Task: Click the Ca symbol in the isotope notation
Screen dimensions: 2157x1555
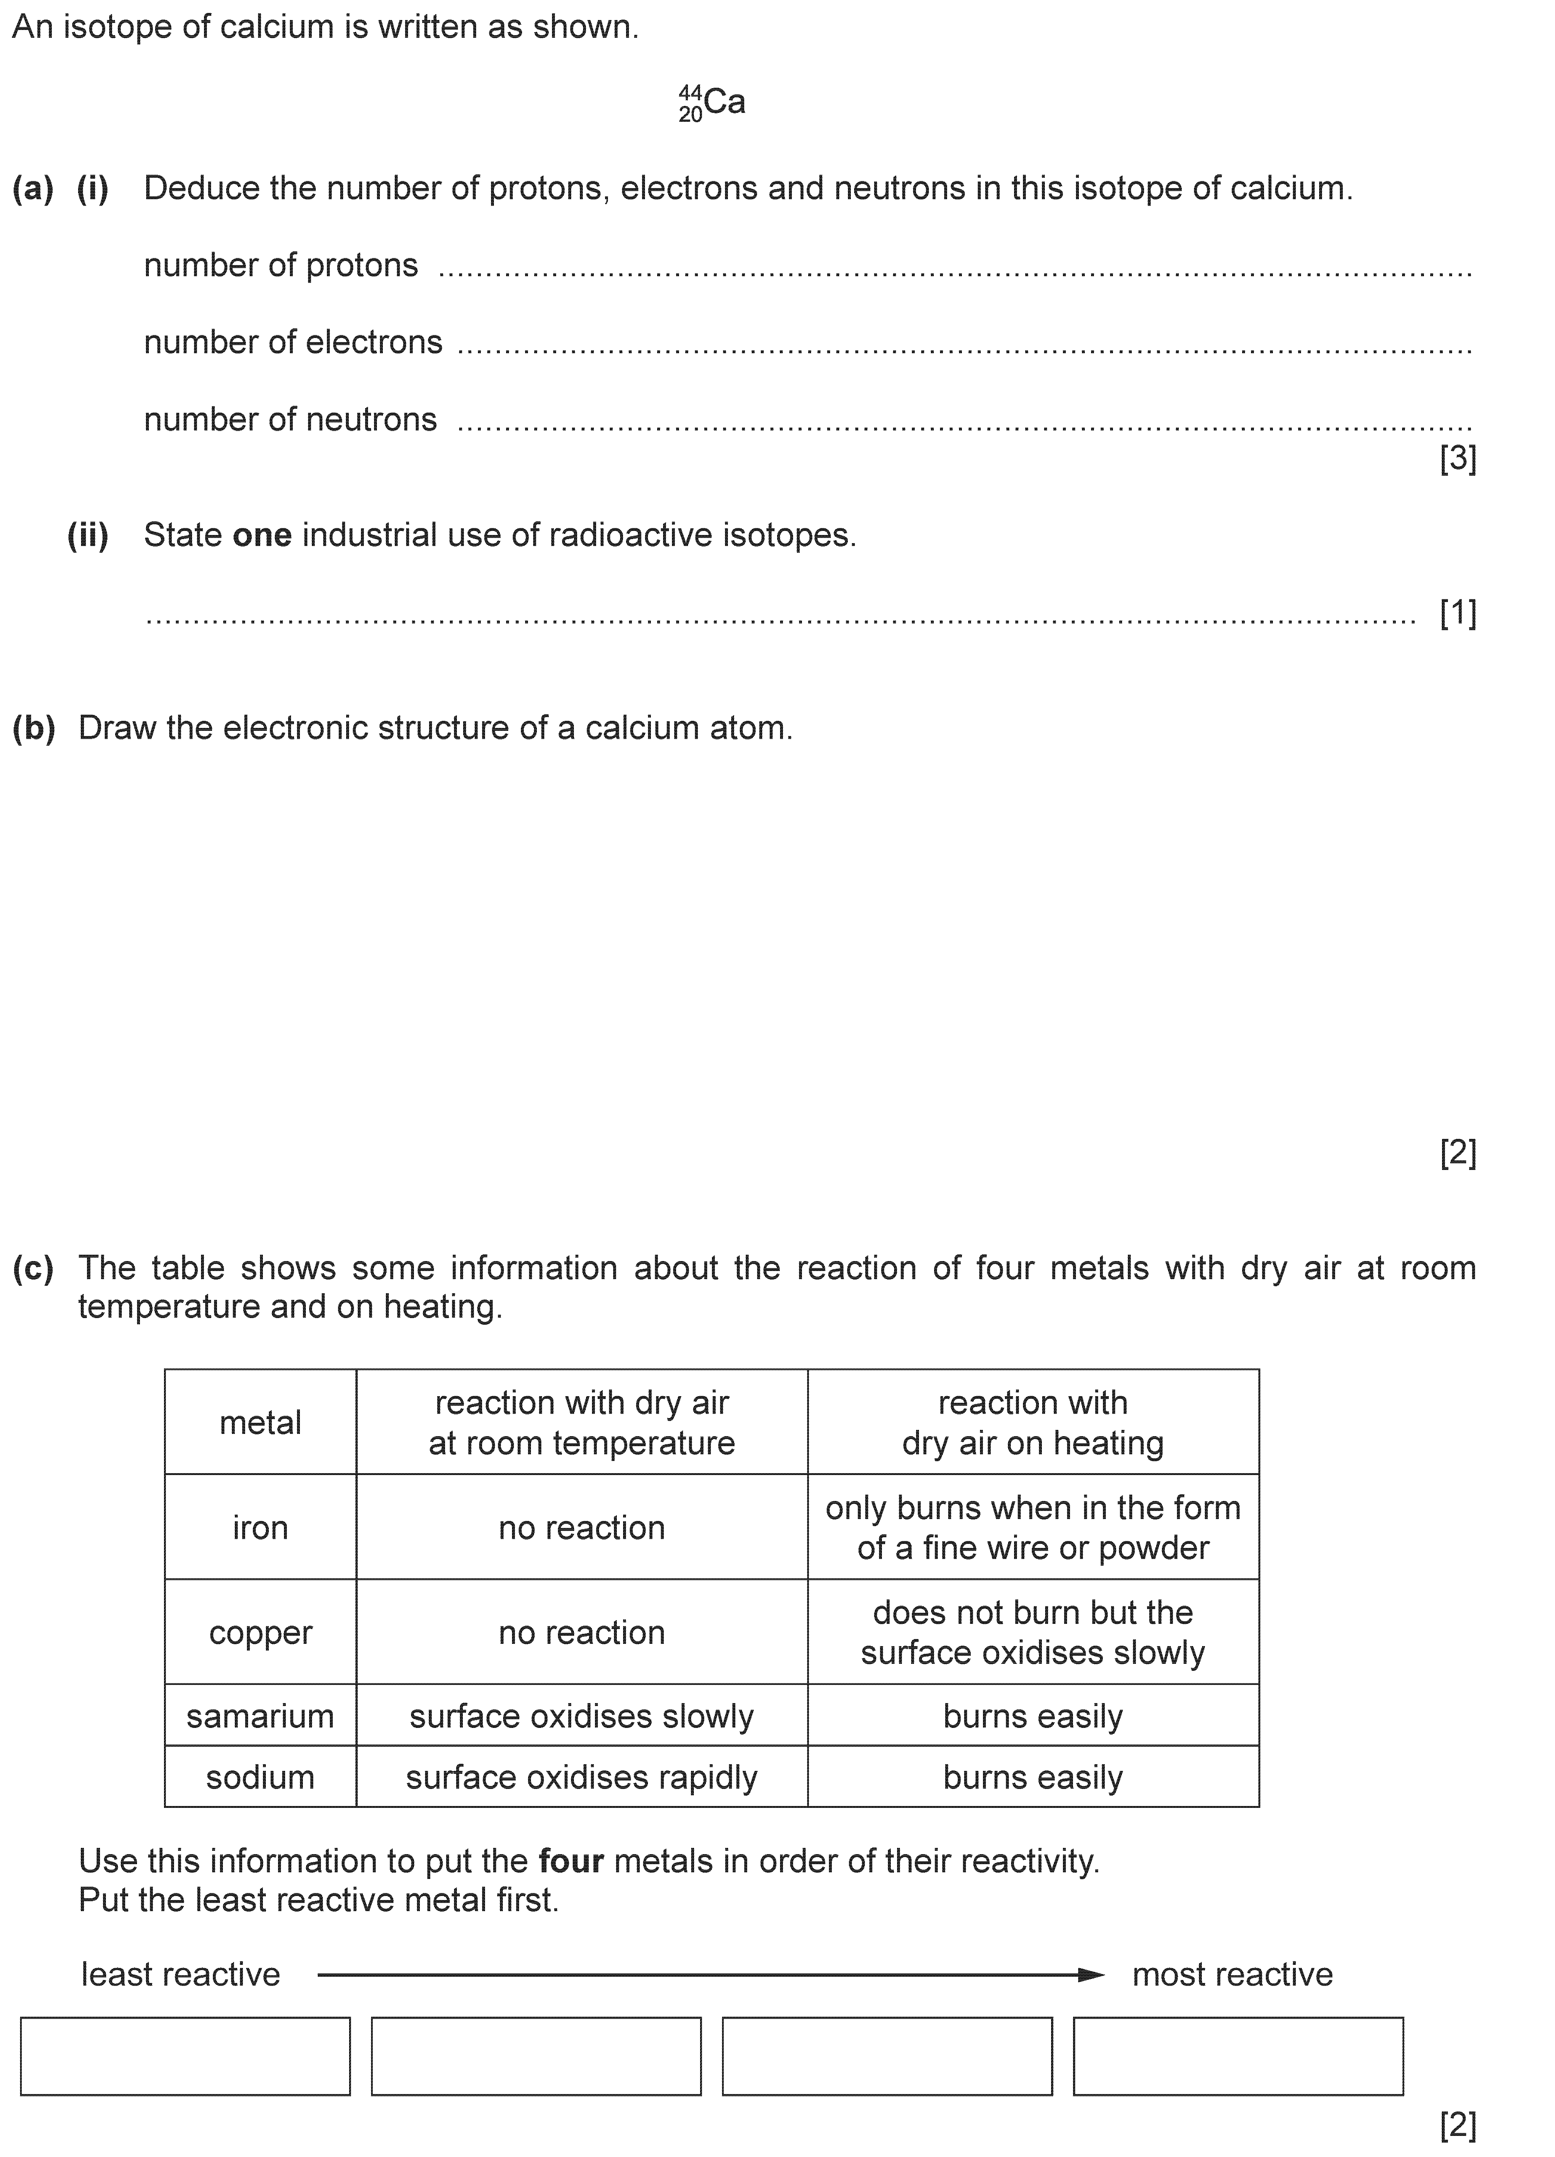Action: point(725,102)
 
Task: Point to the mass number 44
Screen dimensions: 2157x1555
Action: point(690,92)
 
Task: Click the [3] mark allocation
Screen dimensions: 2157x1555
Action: point(1457,459)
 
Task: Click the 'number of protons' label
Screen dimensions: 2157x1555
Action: point(281,265)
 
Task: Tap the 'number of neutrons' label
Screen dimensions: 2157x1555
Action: point(290,419)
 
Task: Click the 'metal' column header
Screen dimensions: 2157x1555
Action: point(260,1423)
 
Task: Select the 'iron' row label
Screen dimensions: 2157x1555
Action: point(260,1527)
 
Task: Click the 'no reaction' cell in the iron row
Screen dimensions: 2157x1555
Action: point(581,1527)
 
